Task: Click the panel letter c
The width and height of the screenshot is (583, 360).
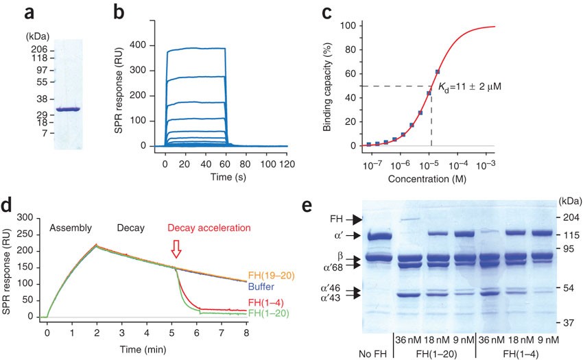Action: coord(326,13)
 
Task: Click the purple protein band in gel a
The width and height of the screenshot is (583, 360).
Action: coord(68,109)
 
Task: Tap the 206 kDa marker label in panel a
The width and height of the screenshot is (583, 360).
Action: coord(39,49)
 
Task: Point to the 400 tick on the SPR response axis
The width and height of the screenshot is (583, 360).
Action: coord(138,45)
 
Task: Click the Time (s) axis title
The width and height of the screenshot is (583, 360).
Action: coord(228,177)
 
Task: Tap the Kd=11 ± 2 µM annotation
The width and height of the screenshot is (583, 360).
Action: coord(470,87)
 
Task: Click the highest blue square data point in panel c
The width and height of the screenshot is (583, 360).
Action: coord(438,72)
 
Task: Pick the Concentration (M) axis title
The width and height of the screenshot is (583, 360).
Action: coord(427,179)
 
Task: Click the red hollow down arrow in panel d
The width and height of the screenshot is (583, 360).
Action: coord(176,249)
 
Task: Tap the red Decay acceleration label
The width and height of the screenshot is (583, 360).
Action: coord(209,228)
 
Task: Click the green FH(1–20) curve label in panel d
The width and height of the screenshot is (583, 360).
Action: coord(268,313)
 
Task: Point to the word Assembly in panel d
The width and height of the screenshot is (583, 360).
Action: coord(71,228)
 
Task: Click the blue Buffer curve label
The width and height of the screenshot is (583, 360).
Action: coord(261,287)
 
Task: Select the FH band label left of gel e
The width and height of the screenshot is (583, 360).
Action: coord(337,219)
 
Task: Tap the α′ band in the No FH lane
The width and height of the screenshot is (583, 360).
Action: coord(380,236)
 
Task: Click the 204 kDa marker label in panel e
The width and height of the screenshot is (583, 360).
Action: coord(571,217)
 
